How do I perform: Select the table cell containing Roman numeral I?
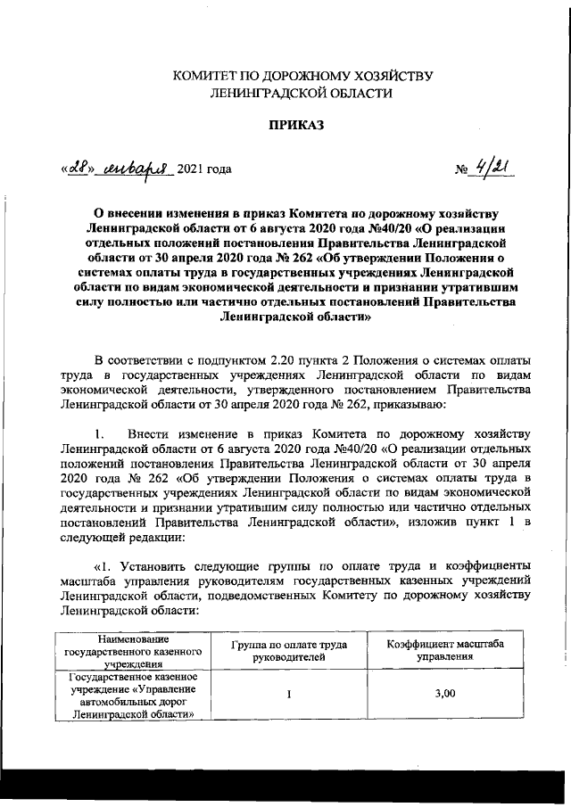pyautogui.click(x=289, y=696)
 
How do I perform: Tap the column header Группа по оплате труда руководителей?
pyautogui.click(x=289, y=650)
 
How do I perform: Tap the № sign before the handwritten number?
pyautogui.click(x=459, y=170)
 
